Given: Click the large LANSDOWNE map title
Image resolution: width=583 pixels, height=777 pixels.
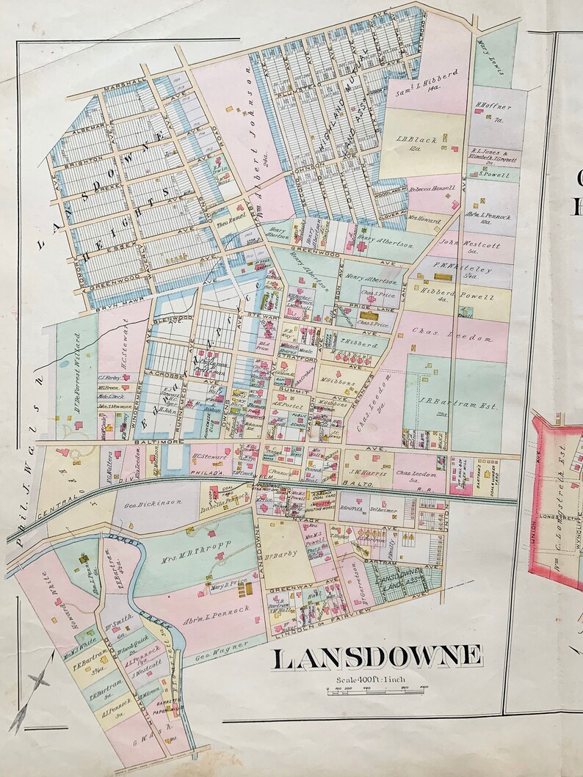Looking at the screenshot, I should [377, 657].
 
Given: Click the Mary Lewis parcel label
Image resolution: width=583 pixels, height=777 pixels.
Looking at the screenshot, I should [483, 52].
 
